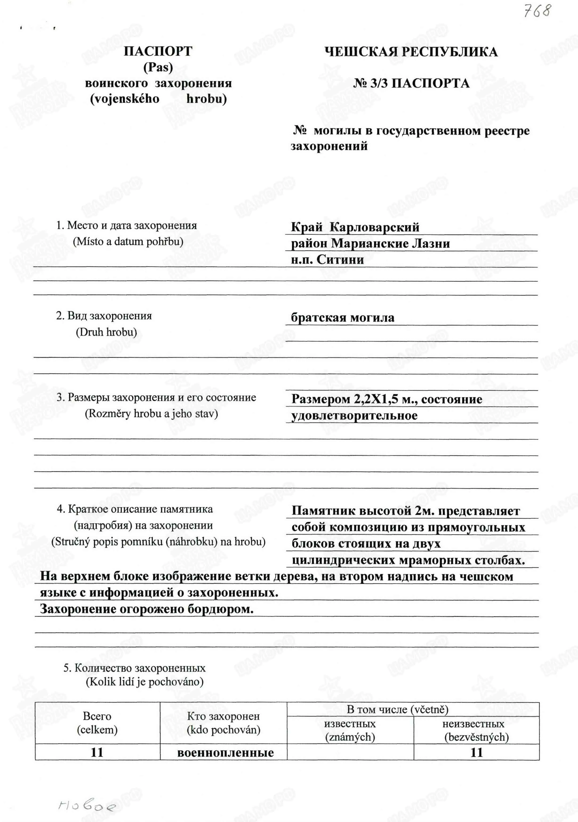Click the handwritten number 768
(x=536, y=12)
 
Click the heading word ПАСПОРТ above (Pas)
(x=158, y=51)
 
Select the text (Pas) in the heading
(x=158, y=67)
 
